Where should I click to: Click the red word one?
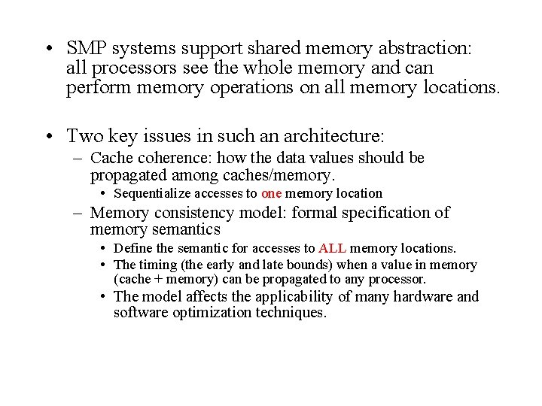click(271, 193)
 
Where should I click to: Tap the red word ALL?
click(332, 248)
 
